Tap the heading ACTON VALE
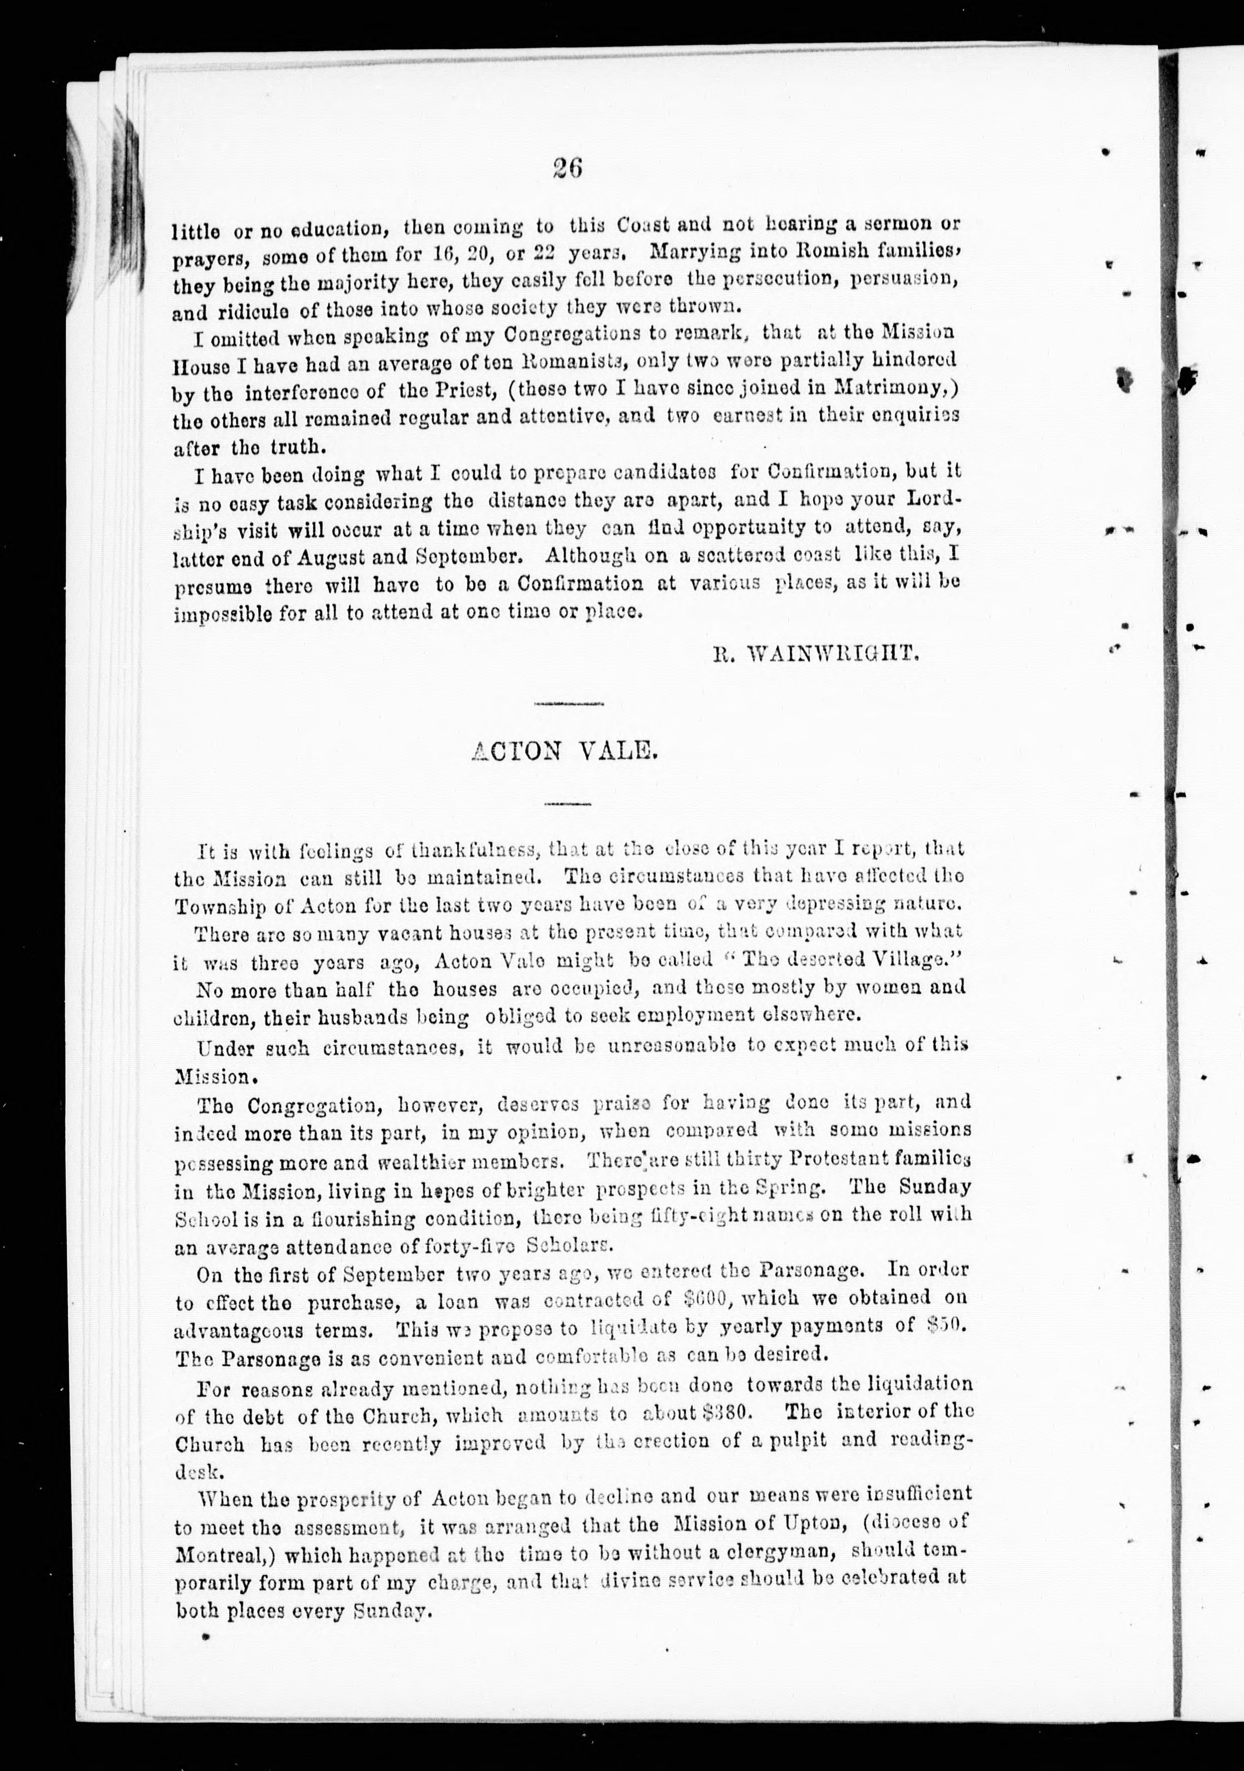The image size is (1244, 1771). (x=565, y=750)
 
